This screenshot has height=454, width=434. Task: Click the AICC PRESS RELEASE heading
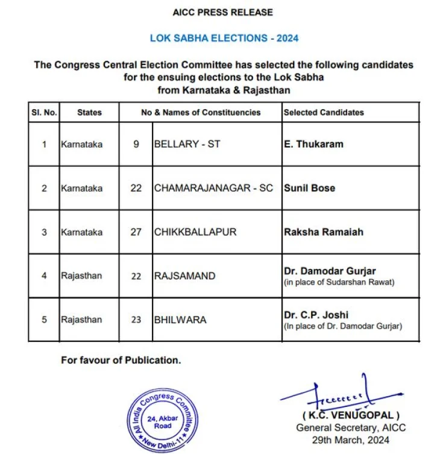pyautogui.click(x=223, y=12)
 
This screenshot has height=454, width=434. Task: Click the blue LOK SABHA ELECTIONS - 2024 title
pyautogui.click(x=224, y=38)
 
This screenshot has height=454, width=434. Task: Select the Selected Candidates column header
pyautogui.click(x=324, y=112)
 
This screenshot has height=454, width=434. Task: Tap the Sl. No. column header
pyautogui.click(x=43, y=112)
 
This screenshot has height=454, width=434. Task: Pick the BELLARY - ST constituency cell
pyautogui.click(x=187, y=145)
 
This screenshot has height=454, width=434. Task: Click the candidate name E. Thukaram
pyautogui.click(x=315, y=145)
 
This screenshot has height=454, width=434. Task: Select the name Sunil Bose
pyautogui.click(x=309, y=188)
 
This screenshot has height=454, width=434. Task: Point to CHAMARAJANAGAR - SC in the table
pyautogui.click(x=213, y=188)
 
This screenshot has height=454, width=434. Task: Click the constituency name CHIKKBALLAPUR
pyautogui.click(x=195, y=232)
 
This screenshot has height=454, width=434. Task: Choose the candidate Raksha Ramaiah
pyautogui.click(x=323, y=232)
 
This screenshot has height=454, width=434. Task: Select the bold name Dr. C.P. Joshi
pyautogui.click(x=316, y=315)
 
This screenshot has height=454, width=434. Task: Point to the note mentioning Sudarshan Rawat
pyautogui.click(x=339, y=282)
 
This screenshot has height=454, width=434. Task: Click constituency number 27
pyautogui.click(x=136, y=232)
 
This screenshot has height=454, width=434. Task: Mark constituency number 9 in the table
pyautogui.click(x=136, y=145)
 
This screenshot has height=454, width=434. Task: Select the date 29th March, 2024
pyautogui.click(x=351, y=440)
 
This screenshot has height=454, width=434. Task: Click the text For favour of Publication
pyautogui.click(x=121, y=360)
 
